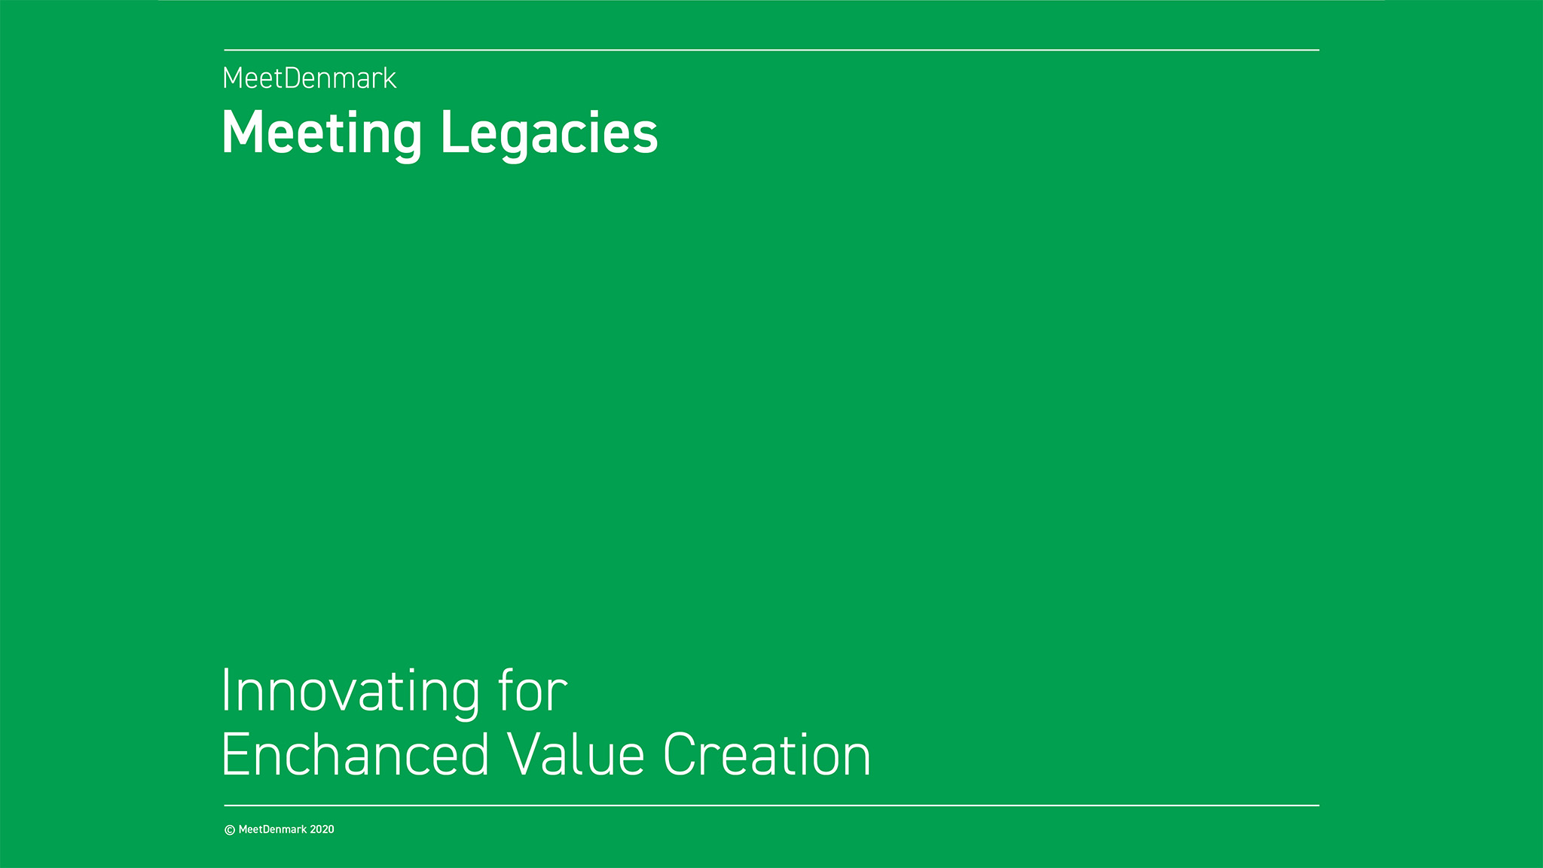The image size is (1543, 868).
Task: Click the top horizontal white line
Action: pyautogui.click(x=771, y=50)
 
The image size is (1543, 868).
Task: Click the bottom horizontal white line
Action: pyautogui.click(x=771, y=805)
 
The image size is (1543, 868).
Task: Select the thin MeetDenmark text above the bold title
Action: pyautogui.click(x=310, y=78)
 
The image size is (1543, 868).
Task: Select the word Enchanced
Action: pyautogui.click(x=355, y=754)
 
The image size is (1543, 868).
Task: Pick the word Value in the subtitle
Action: pyautogui.click(x=576, y=754)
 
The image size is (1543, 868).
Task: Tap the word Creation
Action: pyautogui.click(x=767, y=754)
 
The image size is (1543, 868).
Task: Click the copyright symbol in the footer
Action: pyautogui.click(x=230, y=830)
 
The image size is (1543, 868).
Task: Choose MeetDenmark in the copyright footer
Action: pyautogui.click(x=273, y=830)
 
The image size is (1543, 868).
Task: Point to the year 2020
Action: pyautogui.click(x=322, y=830)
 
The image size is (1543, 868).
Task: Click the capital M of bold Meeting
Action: pyautogui.click(x=241, y=133)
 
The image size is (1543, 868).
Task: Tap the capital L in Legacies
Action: pyautogui.click(x=454, y=133)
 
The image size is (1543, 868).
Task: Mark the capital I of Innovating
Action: pyautogui.click(x=225, y=690)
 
